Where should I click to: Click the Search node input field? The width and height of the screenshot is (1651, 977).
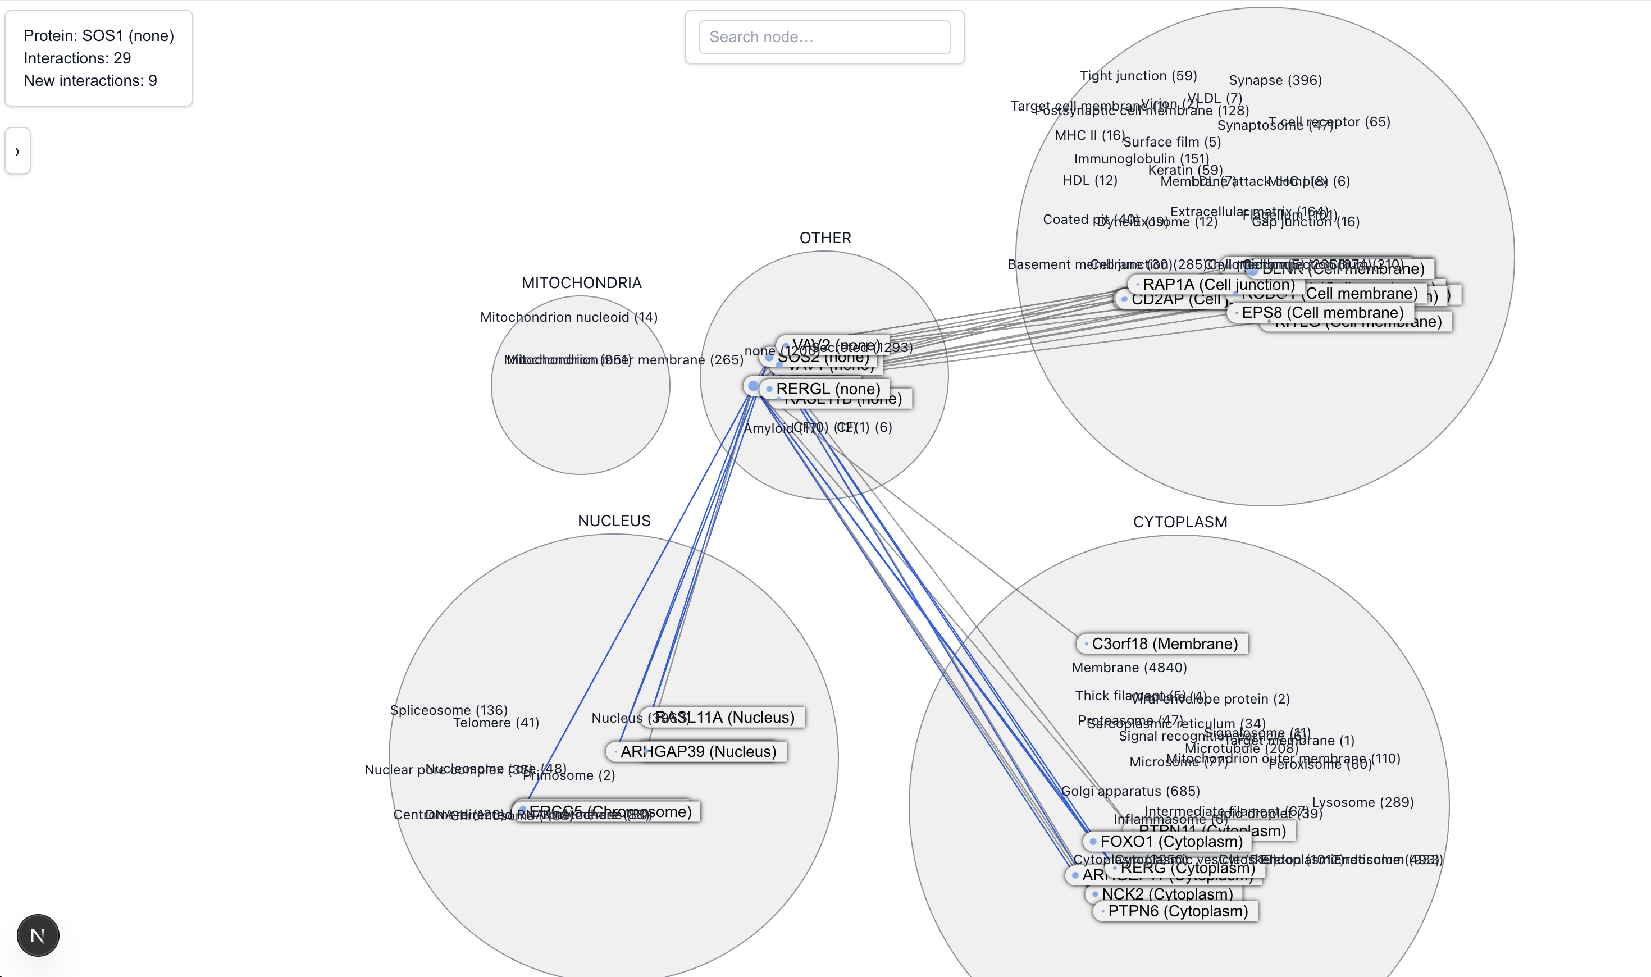824,37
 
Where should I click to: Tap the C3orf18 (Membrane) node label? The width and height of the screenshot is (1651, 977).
1164,643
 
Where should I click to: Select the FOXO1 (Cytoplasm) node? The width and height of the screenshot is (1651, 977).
1170,841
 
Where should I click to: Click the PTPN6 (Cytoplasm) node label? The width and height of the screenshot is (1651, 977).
1177,911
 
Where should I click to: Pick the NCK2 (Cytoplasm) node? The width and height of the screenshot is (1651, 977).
1166,893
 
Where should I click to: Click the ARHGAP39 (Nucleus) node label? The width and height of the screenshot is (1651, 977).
698,751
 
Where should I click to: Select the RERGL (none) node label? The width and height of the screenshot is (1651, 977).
828,389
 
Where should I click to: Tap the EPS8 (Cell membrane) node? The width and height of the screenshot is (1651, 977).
1322,312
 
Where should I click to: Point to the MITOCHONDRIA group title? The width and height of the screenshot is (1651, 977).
581,282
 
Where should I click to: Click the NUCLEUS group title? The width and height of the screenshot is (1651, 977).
614,521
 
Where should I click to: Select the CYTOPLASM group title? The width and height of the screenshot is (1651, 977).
1180,522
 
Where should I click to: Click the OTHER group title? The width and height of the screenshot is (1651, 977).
825,238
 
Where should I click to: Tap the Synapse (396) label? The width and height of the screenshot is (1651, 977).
1274,80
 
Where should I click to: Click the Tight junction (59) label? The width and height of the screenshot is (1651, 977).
1138,76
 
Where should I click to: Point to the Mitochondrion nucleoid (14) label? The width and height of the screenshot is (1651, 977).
569,317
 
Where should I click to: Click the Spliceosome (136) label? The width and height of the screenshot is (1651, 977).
448,710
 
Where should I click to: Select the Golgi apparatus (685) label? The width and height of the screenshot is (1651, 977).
1130,791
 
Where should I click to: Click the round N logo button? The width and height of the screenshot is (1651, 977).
38,935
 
